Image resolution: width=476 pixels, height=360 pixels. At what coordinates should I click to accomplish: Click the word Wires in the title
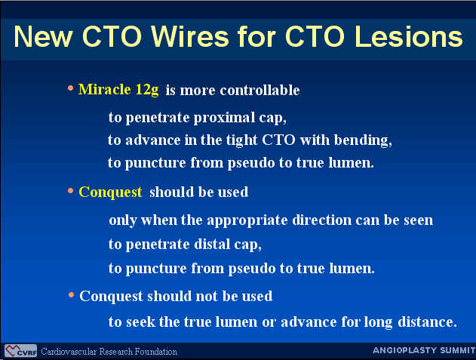point(190,36)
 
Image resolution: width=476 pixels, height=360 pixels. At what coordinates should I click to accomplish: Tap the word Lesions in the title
point(408,36)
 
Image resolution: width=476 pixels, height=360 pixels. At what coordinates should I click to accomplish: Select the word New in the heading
point(43,36)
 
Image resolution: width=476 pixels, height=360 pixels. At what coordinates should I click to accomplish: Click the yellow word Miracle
point(104,90)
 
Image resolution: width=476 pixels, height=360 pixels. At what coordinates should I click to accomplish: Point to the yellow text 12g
point(147,91)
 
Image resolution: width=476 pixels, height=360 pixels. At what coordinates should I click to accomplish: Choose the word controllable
point(259,91)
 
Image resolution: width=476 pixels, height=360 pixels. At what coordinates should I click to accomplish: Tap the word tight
point(241,140)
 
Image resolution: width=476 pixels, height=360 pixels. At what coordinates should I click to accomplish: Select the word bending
point(362,140)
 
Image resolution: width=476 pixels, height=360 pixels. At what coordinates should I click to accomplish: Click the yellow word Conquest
point(110,192)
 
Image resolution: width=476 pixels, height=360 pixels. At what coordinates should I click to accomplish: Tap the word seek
point(140,322)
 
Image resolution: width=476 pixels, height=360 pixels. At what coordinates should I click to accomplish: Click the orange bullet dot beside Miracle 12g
point(70,88)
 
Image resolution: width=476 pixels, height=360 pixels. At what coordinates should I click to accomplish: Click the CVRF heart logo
point(20,351)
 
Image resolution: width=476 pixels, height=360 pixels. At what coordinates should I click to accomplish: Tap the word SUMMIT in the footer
point(458,350)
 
